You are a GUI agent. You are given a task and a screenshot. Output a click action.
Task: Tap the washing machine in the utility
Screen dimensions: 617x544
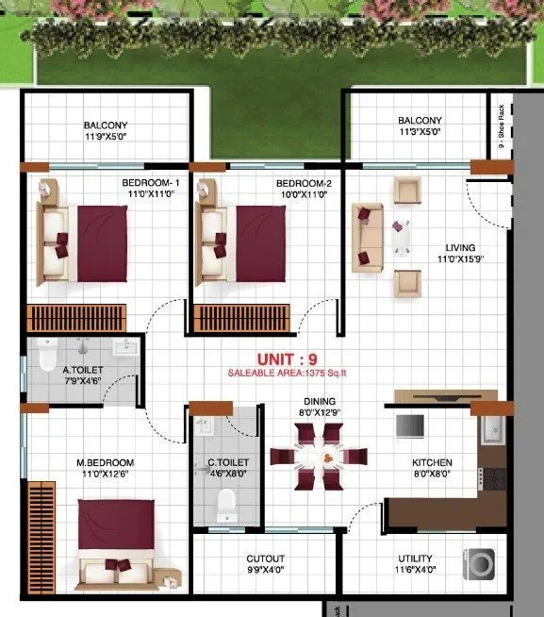tap(479, 564)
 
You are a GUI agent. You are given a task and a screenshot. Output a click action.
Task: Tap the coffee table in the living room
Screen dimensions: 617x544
tap(404, 236)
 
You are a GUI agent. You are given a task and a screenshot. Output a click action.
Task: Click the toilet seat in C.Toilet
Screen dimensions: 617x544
tap(225, 509)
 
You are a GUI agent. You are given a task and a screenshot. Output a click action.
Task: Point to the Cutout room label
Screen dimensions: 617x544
tap(265, 559)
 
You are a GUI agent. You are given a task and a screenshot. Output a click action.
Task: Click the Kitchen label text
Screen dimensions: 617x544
tap(433, 463)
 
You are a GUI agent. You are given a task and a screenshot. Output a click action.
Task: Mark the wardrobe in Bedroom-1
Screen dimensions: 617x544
tap(75, 317)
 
